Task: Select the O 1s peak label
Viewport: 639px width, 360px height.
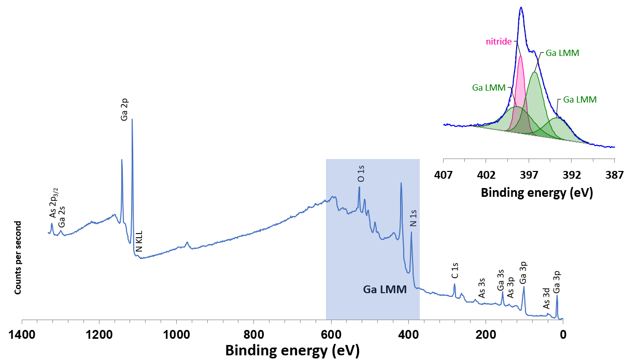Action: click(361, 173)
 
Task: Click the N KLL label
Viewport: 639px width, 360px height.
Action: click(139, 242)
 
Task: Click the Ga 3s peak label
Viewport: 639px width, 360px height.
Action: click(501, 280)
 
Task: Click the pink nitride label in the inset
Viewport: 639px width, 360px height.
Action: click(499, 41)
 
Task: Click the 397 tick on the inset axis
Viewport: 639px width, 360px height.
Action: click(529, 175)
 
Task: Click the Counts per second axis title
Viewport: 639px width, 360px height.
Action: click(18, 257)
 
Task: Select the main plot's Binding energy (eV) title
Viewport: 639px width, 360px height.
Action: click(292, 350)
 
